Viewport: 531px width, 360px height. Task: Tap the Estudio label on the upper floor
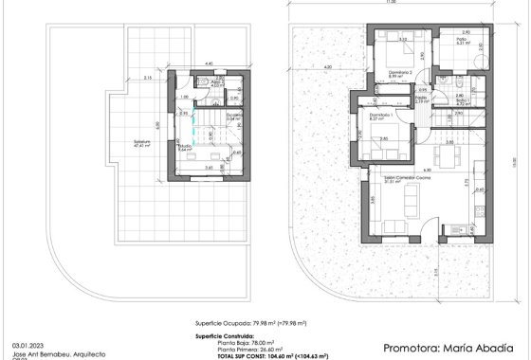pos(186,146)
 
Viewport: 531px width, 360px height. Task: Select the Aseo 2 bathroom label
pos(217,83)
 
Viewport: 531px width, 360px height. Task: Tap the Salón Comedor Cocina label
pos(389,178)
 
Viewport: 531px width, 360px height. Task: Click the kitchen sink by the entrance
pos(459,227)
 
